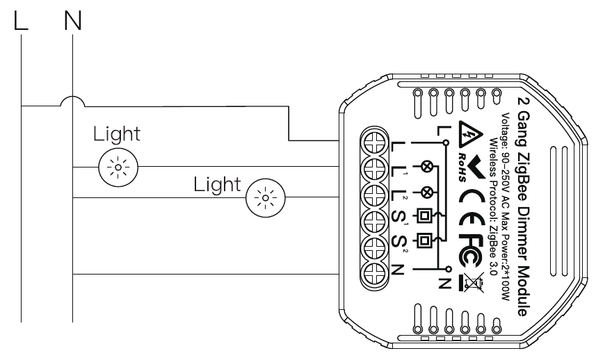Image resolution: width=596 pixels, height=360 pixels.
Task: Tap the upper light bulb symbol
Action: click(118, 167)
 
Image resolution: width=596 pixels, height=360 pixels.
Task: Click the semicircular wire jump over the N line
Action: click(72, 102)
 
